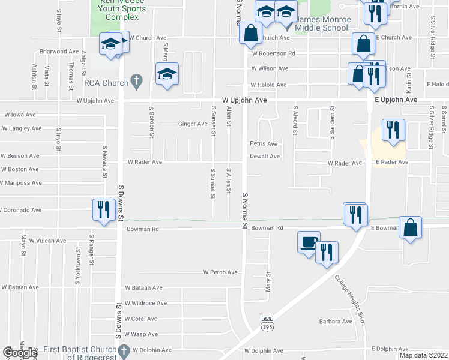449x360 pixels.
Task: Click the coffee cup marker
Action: (x=309, y=243)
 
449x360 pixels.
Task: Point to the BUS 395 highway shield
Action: (x=268, y=323)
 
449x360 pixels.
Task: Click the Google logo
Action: (x=20, y=353)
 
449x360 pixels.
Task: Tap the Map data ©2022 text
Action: (x=423, y=355)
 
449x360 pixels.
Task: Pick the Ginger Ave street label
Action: (x=193, y=124)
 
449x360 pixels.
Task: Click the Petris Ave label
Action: (x=264, y=144)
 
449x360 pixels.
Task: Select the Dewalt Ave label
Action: (x=265, y=157)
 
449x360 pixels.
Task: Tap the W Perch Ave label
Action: (x=220, y=272)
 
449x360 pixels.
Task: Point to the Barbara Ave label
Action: (x=336, y=322)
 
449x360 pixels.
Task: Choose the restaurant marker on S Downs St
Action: (x=103, y=209)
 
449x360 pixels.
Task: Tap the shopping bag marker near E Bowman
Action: (x=411, y=227)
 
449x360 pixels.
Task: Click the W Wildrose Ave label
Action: (x=145, y=304)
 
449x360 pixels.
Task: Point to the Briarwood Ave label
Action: (x=59, y=52)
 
